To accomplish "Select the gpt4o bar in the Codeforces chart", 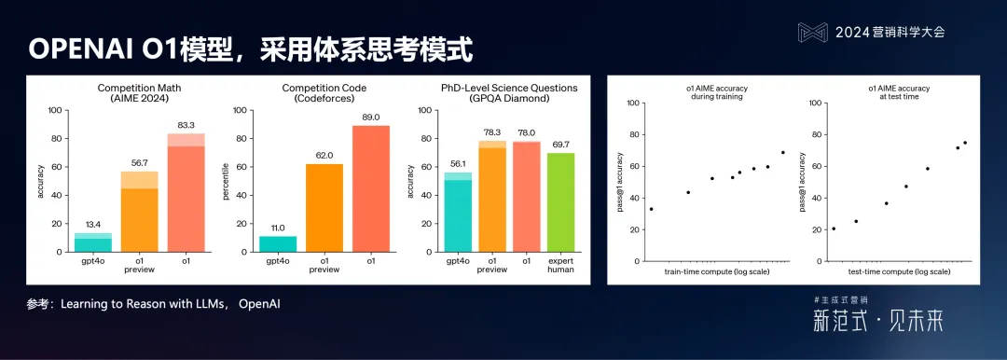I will coord(277,243).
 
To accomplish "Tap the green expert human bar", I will coord(561,202).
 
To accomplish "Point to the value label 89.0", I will coord(370,117).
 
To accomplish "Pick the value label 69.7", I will coord(561,145).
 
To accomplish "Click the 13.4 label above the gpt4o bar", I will coord(93,224).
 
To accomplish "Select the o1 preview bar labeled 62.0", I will coord(324,208).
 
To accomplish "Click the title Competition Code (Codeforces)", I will coord(324,92).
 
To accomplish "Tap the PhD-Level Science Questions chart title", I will coord(509,92).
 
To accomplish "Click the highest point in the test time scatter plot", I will coord(965,143).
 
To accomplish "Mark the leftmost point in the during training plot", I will coord(651,209).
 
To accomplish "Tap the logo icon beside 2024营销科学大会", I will coord(812,32).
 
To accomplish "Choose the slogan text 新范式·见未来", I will coord(877,322).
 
